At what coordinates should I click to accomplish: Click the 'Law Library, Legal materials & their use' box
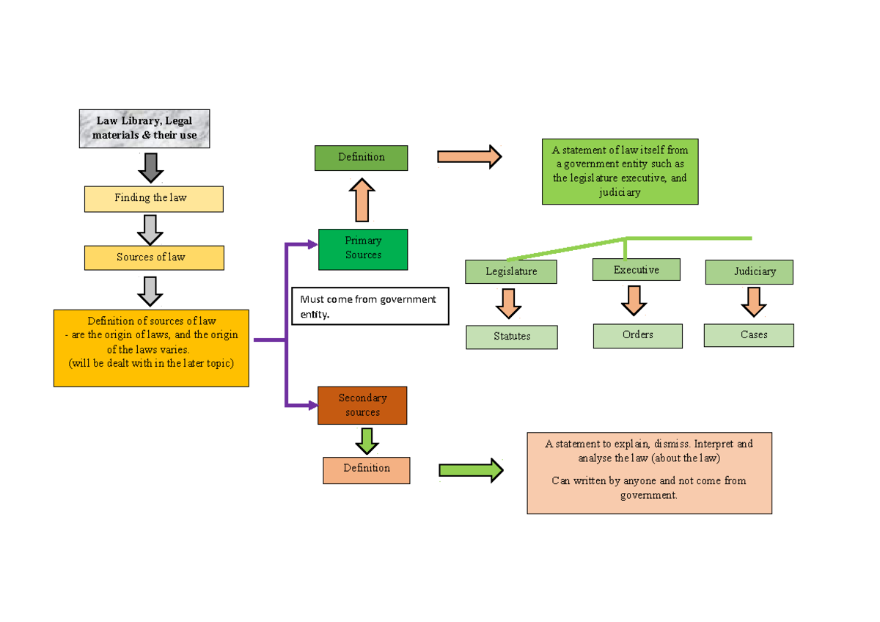point(144,129)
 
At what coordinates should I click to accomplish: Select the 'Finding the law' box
point(153,199)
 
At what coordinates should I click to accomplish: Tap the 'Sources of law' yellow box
point(154,257)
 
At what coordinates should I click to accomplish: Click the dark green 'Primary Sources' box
point(363,249)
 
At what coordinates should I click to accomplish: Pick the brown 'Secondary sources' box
point(362,405)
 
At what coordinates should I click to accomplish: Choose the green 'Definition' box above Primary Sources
point(361,158)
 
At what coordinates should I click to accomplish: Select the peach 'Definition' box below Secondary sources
point(366,469)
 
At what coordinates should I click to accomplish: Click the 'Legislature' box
point(511,271)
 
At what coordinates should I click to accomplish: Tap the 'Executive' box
point(636,270)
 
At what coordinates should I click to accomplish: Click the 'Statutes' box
point(511,337)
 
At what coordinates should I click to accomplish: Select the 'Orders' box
point(637,335)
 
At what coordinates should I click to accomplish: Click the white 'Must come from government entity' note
point(370,307)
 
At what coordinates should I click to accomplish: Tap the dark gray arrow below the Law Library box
point(150,167)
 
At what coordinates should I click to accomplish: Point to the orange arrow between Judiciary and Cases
point(753,301)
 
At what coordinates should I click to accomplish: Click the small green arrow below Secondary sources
point(366,441)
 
